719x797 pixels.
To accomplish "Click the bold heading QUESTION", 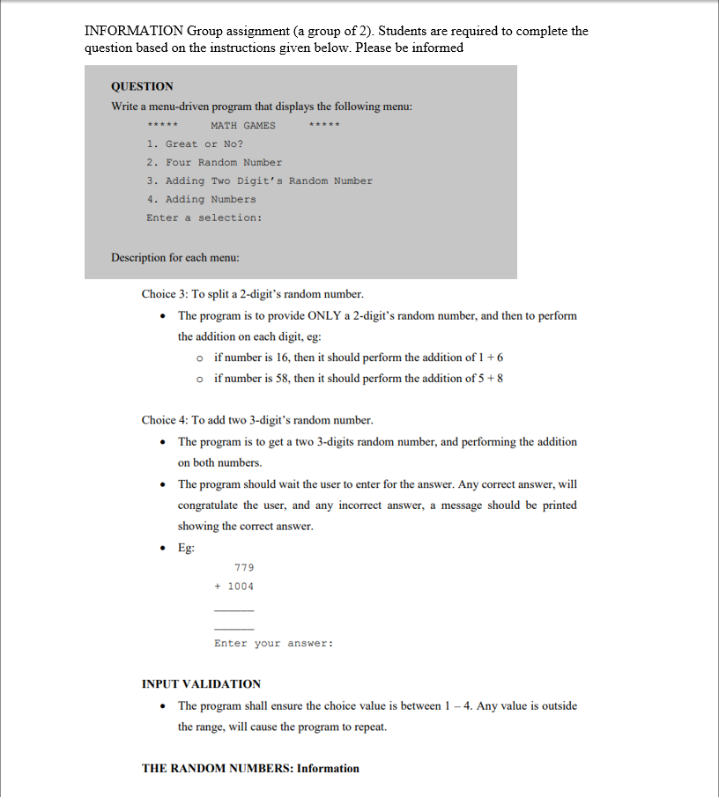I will pyautogui.click(x=142, y=86).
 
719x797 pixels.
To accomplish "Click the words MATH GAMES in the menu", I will pyautogui.click(x=243, y=125).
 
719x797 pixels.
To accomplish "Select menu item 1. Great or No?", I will pyautogui.click(x=195, y=144).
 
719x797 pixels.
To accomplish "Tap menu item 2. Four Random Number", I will pyautogui.click(x=214, y=162).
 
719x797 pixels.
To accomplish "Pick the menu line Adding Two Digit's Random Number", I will pyautogui.click(x=259, y=181).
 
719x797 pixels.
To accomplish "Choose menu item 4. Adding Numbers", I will pyautogui.click(x=201, y=199).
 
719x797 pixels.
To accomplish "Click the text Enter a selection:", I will pyautogui.click(x=204, y=218).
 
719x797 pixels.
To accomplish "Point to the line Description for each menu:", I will pyautogui.click(x=168, y=258).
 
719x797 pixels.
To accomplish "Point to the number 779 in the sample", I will pyautogui.click(x=244, y=568).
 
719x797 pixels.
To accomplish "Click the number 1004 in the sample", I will pyautogui.click(x=241, y=586).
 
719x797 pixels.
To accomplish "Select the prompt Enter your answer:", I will pyautogui.click(x=273, y=643).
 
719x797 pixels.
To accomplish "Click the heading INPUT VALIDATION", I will pyautogui.click(x=201, y=683).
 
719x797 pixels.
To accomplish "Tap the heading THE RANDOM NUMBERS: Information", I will pyautogui.click(x=250, y=768).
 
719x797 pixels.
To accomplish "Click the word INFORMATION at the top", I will pyautogui.click(x=133, y=31).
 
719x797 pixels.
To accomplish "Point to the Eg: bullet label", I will pyautogui.click(x=186, y=547).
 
